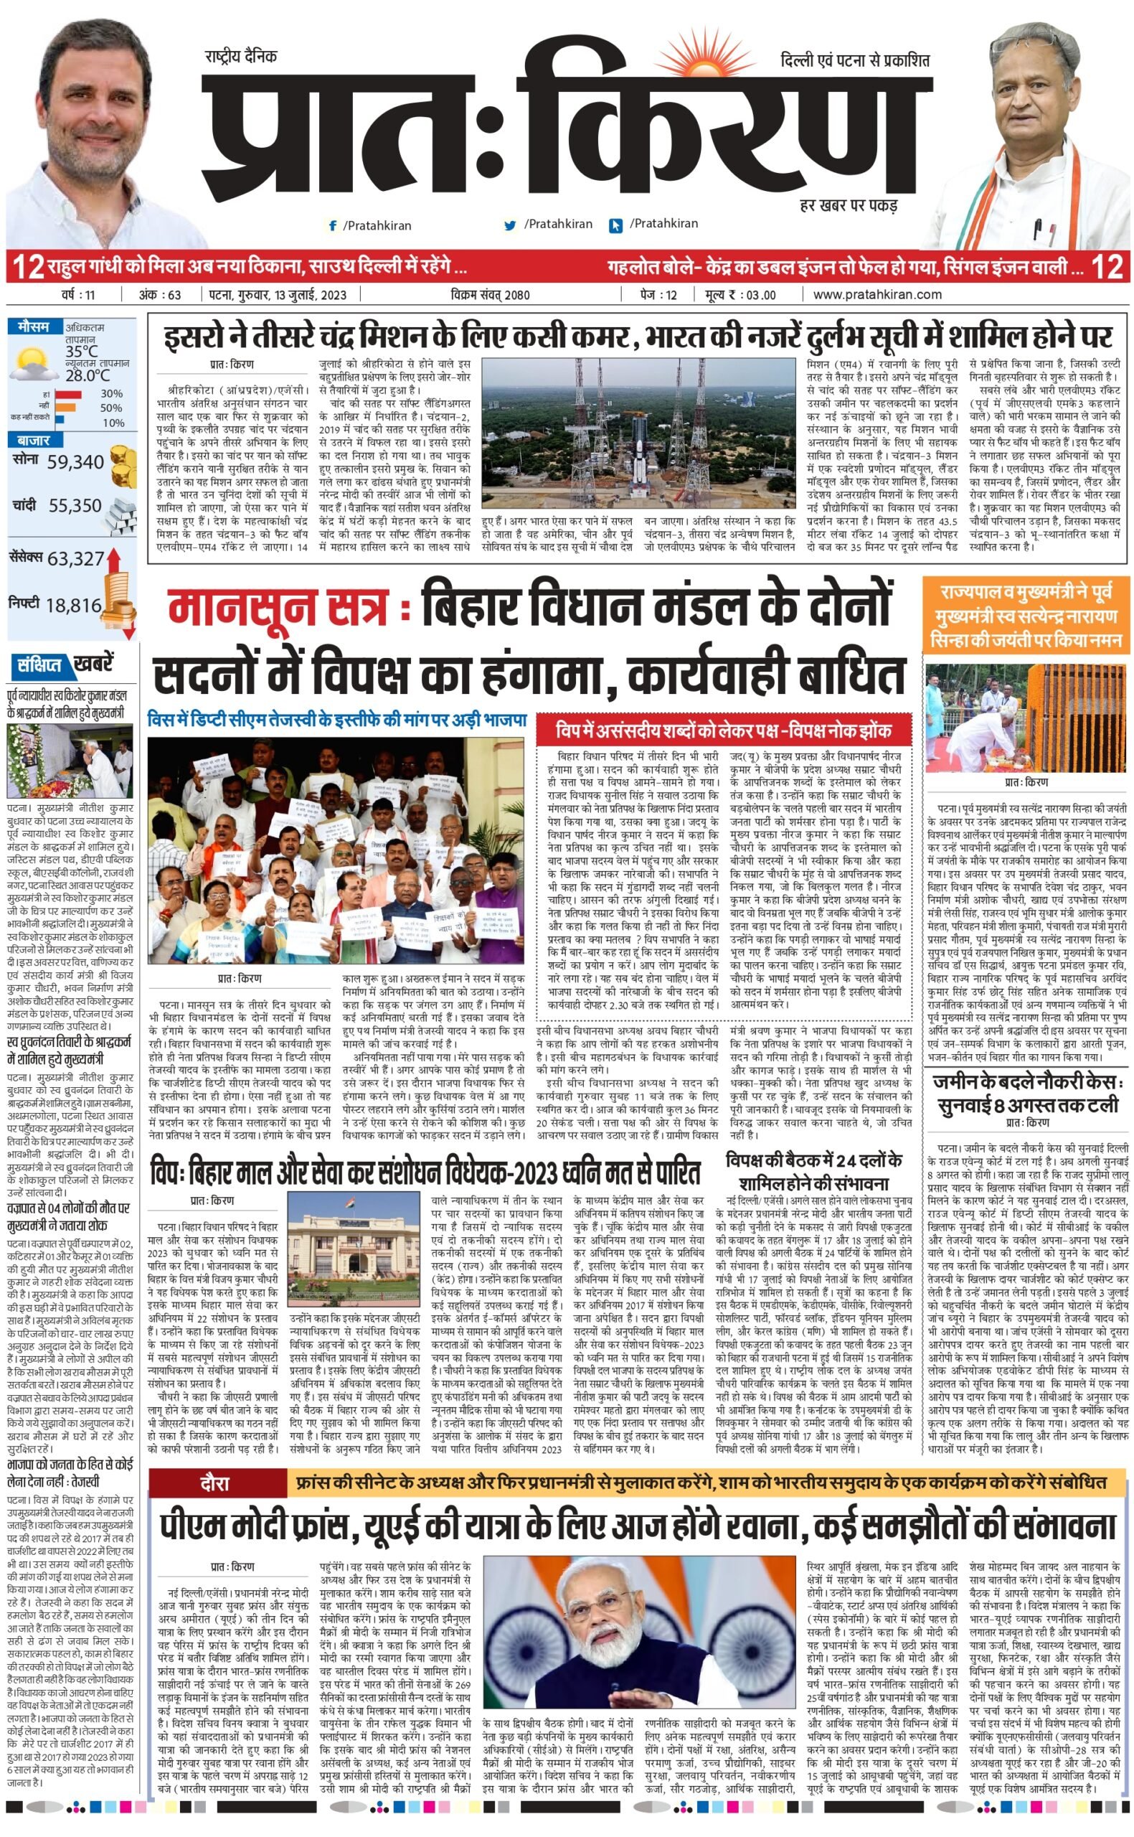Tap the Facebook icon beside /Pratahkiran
click(332, 225)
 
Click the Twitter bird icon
click(510, 225)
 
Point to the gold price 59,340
click(75, 462)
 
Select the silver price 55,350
click(75, 506)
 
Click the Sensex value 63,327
click(76, 559)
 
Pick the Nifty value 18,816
click(73, 606)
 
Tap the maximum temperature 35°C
click(81, 351)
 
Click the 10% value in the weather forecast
click(113, 423)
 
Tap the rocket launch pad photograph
click(638, 434)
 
